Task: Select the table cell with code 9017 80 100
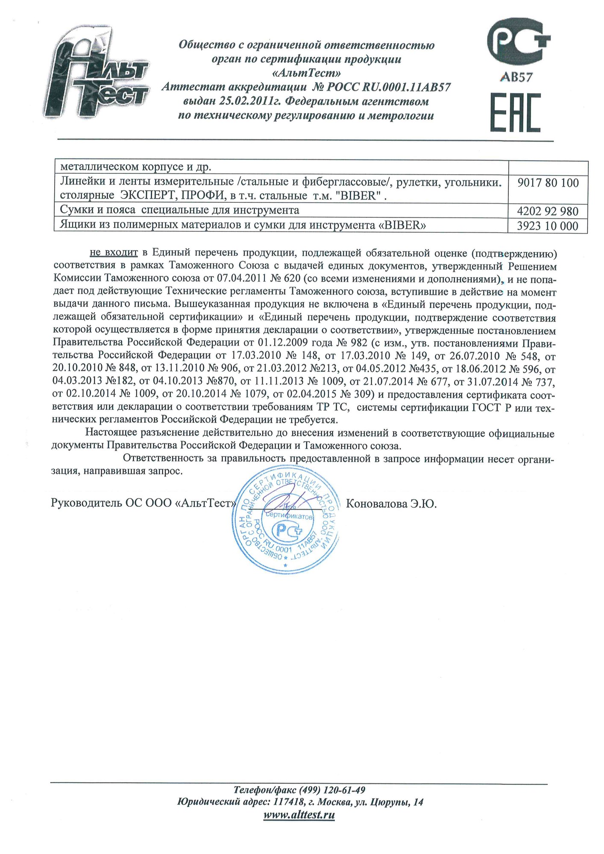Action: click(x=548, y=183)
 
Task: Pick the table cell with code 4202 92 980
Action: click(x=548, y=211)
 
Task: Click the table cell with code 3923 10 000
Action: click(x=548, y=226)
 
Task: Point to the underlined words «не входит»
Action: click(x=114, y=253)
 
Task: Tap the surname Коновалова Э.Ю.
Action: click(x=391, y=504)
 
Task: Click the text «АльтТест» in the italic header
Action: click(x=306, y=73)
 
